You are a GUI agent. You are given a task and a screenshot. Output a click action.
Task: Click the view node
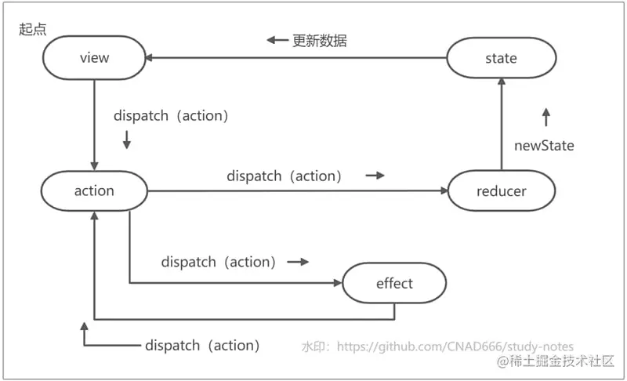pyautogui.click(x=94, y=58)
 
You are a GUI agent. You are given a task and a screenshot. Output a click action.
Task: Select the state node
pyautogui.click(x=501, y=58)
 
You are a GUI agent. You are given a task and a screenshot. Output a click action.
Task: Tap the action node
pyautogui.click(x=94, y=190)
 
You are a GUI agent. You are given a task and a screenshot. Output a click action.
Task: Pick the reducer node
pyautogui.click(x=501, y=190)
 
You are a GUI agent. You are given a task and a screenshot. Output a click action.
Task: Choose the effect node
pyautogui.click(x=394, y=283)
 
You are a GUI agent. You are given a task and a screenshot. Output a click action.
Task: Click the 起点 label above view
pyautogui.click(x=32, y=28)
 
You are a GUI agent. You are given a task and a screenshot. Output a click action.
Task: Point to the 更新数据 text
pyautogui.click(x=320, y=40)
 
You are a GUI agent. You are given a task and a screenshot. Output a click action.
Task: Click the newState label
pyautogui.click(x=544, y=145)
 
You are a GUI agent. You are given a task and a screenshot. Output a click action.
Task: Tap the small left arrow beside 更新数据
pyautogui.click(x=277, y=40)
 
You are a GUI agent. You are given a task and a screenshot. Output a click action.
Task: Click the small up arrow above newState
pyautogui.click(x=546, y=118)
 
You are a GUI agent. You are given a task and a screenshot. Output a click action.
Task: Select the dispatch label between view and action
pyautogui.click(x=171, y=116)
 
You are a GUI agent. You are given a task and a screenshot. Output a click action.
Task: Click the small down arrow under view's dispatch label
pyautogui.click(x=126, y=140)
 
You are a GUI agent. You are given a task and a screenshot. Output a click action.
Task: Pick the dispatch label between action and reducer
pyautogui.click(x=285, y=176)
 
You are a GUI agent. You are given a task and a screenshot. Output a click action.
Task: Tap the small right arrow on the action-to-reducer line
pyautogui.click(x=375, y=176)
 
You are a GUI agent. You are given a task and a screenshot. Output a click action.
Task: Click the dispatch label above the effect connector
pyautogui.click(x=219, y=261)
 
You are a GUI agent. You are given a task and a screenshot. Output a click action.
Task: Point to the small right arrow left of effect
pyautogui.click(x=298, y=261)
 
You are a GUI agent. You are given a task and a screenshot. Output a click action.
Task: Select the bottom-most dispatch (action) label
pyautogui.click(x=202, y=345)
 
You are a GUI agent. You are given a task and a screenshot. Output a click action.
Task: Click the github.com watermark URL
pyautogui.click(x=437, y=346)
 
